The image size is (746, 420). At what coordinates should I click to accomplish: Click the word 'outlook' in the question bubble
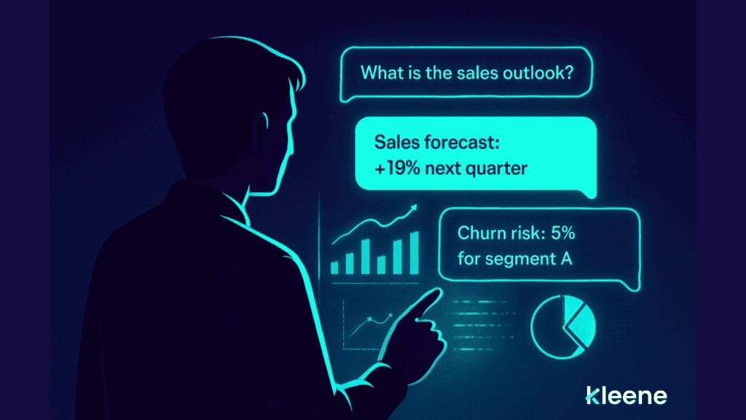coord(535,74)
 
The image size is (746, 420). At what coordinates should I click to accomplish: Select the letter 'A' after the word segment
coord(567,258)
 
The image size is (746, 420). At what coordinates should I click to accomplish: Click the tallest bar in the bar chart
coord(414,251)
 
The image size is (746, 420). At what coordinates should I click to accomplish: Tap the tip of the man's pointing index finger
coord(436,293)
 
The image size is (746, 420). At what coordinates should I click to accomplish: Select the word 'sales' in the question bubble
coord(476,74)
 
